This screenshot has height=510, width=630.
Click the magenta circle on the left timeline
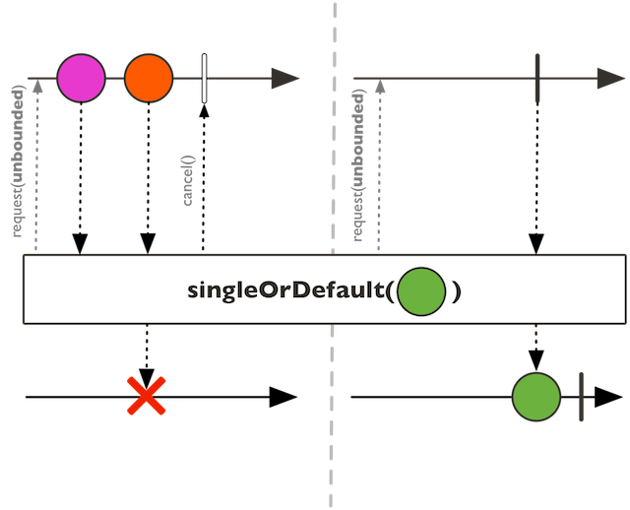pos(81,79)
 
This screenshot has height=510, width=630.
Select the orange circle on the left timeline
pos(149,79)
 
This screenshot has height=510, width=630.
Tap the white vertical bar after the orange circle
pos(204,79)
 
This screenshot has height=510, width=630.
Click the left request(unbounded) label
pos(18,162)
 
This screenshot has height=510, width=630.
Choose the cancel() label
pos(190,180)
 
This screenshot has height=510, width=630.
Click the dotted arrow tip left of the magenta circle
pos(37,87)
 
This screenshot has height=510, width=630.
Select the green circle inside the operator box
pos(423,290)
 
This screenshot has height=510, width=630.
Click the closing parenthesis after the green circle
pos(457,291)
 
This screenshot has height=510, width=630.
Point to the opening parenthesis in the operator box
pos(394,291)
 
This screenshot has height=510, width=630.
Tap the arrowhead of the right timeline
pos(609,79)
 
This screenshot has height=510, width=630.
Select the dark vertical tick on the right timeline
pos(536,79)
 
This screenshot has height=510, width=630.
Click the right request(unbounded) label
pos(359,162)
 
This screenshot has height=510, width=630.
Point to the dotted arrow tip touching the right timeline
pos(380,87)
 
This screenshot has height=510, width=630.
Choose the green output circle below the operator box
pos(536,397)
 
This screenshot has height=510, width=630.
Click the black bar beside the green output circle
pos(581,397)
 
